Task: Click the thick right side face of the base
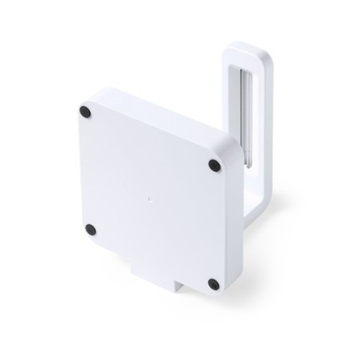pos(233,231)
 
